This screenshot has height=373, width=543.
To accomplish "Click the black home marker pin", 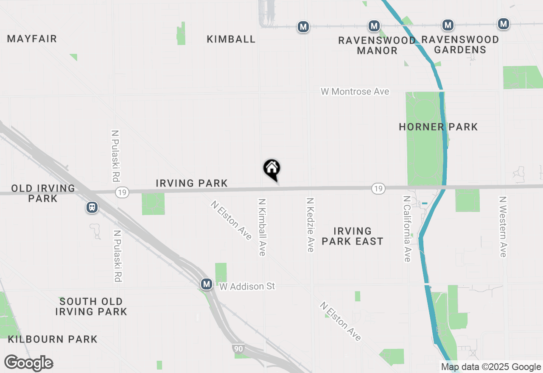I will pos(272,169).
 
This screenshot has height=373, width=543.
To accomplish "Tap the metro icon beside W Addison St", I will pos(207,284).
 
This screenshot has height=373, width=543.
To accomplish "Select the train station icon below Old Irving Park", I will pos(92,207).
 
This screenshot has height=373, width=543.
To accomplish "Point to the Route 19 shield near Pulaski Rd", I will pos(122,192).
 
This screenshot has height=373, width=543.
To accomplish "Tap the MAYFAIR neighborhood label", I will pos(32,39).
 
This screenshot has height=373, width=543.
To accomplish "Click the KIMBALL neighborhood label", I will pos(231,39).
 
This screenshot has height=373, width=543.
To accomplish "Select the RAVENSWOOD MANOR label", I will pos(377,45).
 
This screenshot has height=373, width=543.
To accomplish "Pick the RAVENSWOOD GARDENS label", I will pos(460,45).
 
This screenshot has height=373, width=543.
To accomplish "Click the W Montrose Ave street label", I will pos(355,92).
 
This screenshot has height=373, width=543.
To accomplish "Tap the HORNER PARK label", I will pos(438,127).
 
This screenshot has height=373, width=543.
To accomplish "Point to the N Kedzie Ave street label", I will pos(311,225).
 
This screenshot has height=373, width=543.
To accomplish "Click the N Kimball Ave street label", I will pos(262,227).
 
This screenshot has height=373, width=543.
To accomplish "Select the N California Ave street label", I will pos(407,229).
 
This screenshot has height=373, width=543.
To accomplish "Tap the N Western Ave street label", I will pos(503,226).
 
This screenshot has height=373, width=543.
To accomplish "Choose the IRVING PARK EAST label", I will pos(353,236).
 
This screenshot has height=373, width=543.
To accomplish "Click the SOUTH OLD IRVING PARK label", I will pos(91,306).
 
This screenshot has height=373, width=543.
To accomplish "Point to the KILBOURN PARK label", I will pos(53,340).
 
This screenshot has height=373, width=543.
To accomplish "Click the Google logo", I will pos(28,363).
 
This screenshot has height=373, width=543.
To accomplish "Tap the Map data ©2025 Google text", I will pos(491,367).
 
